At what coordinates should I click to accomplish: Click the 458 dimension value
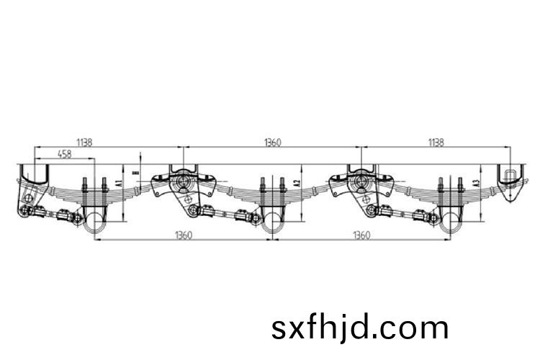click(x=65, y=153)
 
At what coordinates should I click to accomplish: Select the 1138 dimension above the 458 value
click(x=84, y=142)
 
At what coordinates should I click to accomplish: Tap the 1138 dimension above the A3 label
click(x=436, y=142)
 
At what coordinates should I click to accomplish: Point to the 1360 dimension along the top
click(x=272, y=142)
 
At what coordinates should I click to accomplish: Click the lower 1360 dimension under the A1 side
click(x=184, y=235)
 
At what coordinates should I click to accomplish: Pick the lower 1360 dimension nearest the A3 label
click(x=361, y=235)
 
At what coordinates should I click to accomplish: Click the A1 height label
click(x=119, y=183)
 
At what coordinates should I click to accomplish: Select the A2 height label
click(x=298, y=183)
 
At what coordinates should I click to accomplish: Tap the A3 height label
click(x=477, y=183)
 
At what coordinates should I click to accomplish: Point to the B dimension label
click(x=137, y=172)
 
